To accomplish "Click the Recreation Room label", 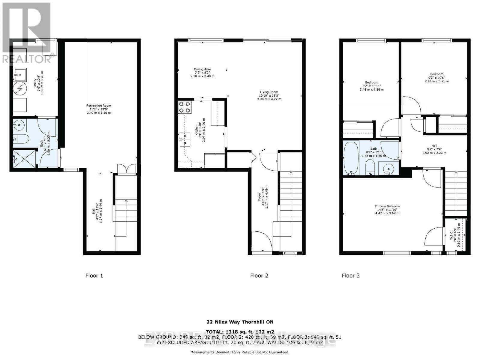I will [x=99, y=109].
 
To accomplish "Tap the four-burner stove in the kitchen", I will [x=184, y=107].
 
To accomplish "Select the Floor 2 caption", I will [x=259, y=275].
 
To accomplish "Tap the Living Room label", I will [x=269, y=95].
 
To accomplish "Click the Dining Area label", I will [x=202, y=73].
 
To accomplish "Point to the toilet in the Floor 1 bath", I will [x=22, y=139].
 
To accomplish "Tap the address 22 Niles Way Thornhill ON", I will [x=240, y=322].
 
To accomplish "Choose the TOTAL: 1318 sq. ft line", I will [x=240, y=332].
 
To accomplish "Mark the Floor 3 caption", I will [x=350, y=275].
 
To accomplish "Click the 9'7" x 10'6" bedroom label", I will [x=436, y=77].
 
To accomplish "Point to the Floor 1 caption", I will [x=94, y=275].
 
